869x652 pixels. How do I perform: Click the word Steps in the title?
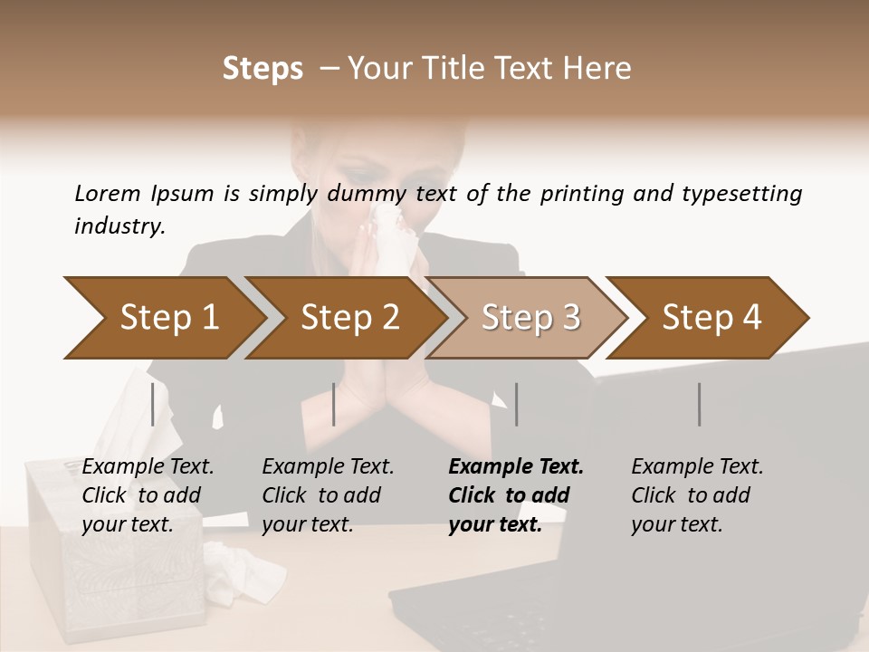pyautogui.click(x=263, y=69)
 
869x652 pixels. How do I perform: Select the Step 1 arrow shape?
pyautogui.click(x=163, y=317)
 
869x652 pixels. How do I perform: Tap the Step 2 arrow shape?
pyautogui.click(x=348, y=317)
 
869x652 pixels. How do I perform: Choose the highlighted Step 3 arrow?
pyautogui.click(x=529, y=317)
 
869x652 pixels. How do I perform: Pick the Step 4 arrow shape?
pyautogui.click(x=711, y=317)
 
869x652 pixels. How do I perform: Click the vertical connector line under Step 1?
pyautogui.click(x=153, y=404)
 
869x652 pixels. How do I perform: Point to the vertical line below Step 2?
pyautogui.click(x=334, y=404)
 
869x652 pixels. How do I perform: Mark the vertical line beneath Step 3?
pyautogui.click(x=517, y=404)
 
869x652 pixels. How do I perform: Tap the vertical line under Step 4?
pyautogui.click(x=700, y=404)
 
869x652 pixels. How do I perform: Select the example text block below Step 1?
pyautogui.click(x=148, y=495)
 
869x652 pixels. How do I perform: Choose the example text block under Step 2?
pyautogui.click(x=328, y=495)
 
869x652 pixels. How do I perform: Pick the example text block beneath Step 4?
pyautogui.click(x=697, y=495)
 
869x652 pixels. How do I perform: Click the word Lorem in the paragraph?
pyautogui.click(x=107, y=193)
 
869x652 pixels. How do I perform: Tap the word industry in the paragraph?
pyautogui.click(x=119, y=225)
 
